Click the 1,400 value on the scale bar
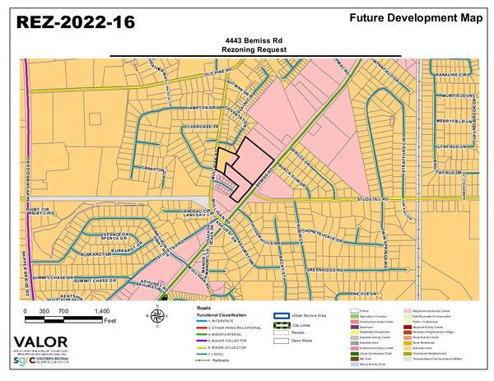pos(102,313)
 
